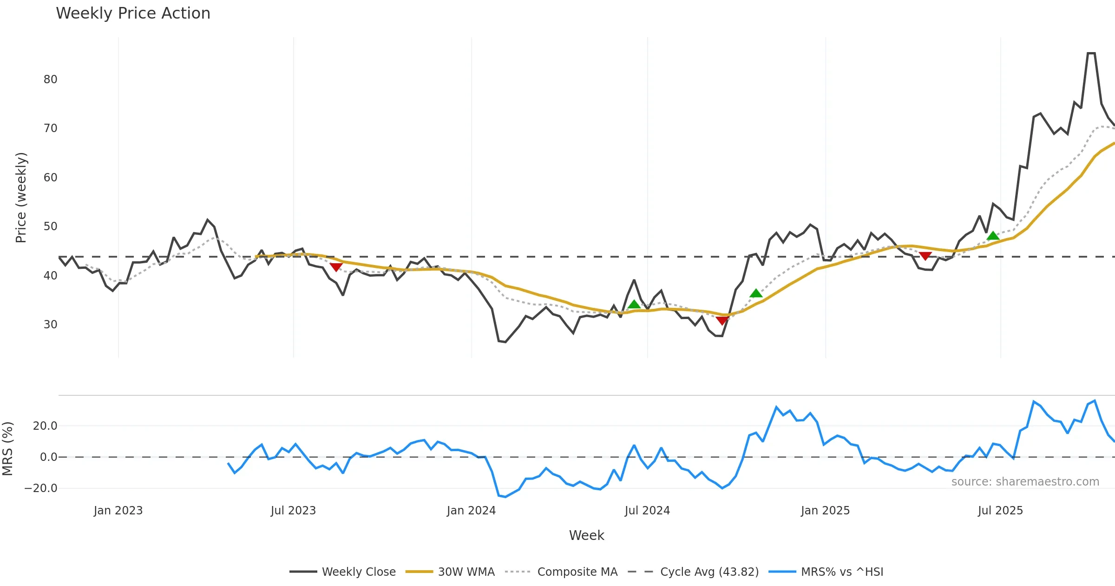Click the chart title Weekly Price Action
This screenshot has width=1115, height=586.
[x=133, y=13]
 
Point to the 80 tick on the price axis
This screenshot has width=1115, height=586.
[x=51, y=80]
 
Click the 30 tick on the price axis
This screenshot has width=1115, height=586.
[x=51, y=325]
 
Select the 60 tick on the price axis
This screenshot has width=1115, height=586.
[x=51, y=178]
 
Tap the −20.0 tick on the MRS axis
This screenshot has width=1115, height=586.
[x=41, y=488]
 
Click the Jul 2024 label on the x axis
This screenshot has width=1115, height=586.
[x=647, y=511]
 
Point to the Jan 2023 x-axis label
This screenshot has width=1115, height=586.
[x=118, y=511]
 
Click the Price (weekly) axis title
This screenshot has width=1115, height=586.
[x=21, y=198]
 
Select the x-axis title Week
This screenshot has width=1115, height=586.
[x=586, y=536]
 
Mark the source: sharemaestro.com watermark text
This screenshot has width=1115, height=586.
[x=1025, y=482]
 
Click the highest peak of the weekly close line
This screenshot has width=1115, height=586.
[x=1091, y=53]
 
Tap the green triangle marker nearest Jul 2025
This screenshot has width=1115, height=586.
[x=993, y=236]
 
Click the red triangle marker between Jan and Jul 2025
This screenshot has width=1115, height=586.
[x=925, y=256]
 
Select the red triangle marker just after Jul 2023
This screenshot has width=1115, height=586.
[x=336, y=267]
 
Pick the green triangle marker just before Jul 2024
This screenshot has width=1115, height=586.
[x=634, y=304]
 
